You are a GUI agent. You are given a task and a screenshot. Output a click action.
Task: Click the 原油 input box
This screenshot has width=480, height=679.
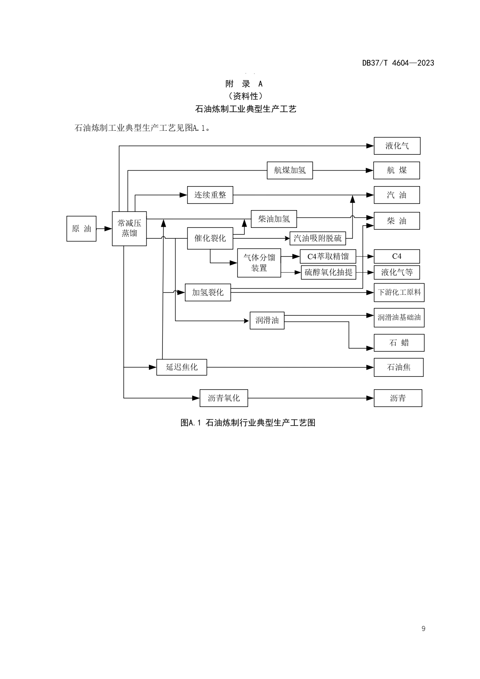click(x=81, y=229)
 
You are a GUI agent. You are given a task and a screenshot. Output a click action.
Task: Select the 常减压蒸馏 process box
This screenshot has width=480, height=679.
click(x=129, y=228)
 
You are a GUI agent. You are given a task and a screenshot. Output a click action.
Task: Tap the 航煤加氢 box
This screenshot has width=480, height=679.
click(x=290, y=170)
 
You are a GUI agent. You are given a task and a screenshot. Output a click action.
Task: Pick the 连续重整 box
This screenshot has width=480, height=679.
click(x=210, y=195)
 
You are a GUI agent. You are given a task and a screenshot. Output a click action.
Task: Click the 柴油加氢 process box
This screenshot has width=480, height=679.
click(x=274, y=219)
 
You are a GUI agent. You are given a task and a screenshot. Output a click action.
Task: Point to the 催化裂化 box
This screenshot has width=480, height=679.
click(x=210, y=238)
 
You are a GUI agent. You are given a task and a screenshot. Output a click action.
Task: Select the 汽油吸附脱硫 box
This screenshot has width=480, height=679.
click(x=318, y=238)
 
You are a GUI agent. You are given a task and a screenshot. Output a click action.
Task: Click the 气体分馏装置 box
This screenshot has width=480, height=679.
click(x=259, y=263)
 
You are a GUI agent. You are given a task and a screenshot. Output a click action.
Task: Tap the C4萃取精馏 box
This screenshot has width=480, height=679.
click(x=328, y=257)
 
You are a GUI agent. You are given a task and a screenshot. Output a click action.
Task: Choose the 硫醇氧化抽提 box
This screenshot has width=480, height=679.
click(x=328, y=272)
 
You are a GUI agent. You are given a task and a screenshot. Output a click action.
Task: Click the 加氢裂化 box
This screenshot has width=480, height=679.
click(x=208, y=292)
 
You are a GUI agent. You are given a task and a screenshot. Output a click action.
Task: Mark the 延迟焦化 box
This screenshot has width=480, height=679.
click(x=182, y=367)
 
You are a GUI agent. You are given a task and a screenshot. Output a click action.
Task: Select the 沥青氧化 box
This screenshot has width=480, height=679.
click(x=224, y=398)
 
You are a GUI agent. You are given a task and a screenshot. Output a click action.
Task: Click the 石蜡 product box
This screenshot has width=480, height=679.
click(x=399, y=343)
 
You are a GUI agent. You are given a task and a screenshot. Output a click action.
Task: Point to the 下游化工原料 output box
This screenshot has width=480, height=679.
click(x=399, y=292)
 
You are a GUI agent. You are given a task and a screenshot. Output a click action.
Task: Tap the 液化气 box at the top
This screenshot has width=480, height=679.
click(x=397, y=146)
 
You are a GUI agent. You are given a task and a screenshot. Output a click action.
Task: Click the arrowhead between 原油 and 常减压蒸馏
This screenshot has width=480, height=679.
click(x=108, y=229)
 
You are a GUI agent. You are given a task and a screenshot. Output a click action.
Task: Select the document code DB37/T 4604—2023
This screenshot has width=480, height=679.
click(x=398, y=63)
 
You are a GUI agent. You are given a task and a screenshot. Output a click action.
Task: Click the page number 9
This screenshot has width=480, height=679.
click(x=424, y=629)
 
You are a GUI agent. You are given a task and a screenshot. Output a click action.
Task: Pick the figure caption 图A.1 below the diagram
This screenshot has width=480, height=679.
click(x=248, y=422)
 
